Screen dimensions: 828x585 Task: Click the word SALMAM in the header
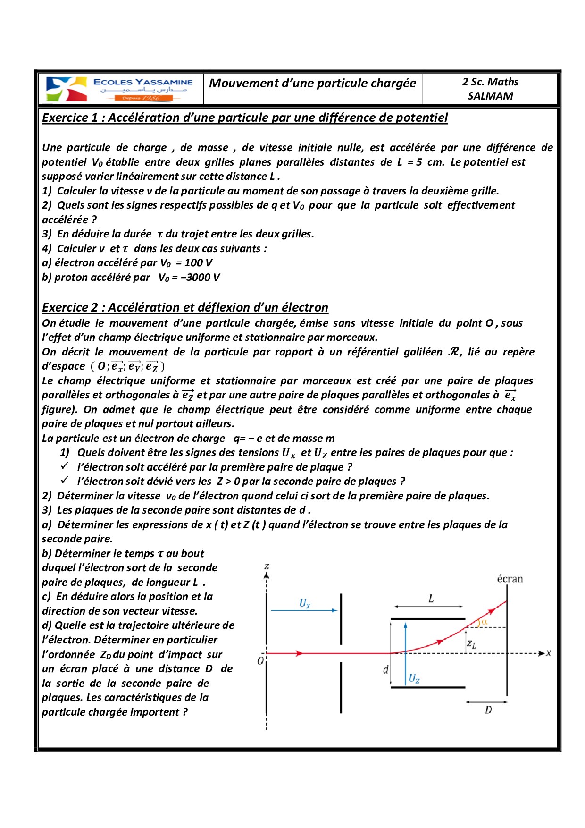(x=490, y=96)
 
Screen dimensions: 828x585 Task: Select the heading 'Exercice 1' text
(x=70, y=118)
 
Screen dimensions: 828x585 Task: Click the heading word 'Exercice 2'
(x=70, y=307)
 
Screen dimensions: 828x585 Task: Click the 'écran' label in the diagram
(x=510, y=579)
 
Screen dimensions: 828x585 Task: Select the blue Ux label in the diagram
(x=305, y=603)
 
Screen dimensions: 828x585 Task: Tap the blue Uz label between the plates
(x=414, y=678)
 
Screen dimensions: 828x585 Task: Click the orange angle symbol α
(x=484, y=622)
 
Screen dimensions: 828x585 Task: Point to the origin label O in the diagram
(x=260, y=660)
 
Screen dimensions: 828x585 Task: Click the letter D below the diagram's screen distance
(x=488, y=710)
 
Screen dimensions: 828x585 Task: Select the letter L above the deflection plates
(x=431, y=599)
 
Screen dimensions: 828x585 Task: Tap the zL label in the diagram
(x=471, y=643)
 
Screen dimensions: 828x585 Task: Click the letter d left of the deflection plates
(x=385, y=669)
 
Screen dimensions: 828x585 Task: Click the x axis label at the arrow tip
(x=548, y=653)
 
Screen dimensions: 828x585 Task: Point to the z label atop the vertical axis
(x=267, y=566)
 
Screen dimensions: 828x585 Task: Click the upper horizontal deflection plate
(x=427, y=618)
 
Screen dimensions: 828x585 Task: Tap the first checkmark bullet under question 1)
(x=65, y=466)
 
